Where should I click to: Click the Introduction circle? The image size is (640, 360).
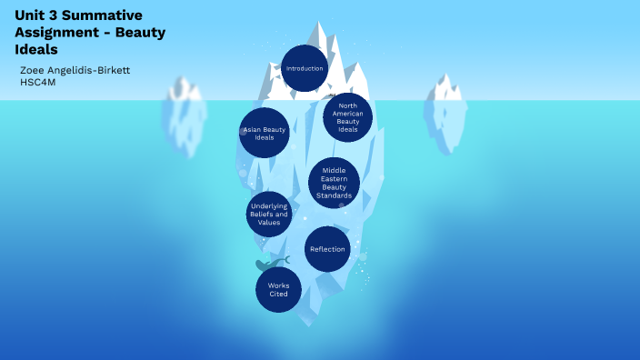[305, 68]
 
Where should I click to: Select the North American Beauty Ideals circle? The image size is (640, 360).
[347, 118]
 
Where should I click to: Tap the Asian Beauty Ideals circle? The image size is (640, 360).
[265, 133]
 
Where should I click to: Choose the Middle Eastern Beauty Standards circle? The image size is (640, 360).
[334, 183]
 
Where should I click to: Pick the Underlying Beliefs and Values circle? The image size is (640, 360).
[270, 215]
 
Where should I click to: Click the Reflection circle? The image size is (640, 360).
[327, 249]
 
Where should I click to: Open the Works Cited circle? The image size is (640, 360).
[279, 290]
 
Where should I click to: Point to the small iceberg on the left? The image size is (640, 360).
[185, 114]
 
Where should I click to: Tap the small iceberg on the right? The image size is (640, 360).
[445, 109]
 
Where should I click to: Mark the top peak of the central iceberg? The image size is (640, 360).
[321, 24]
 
